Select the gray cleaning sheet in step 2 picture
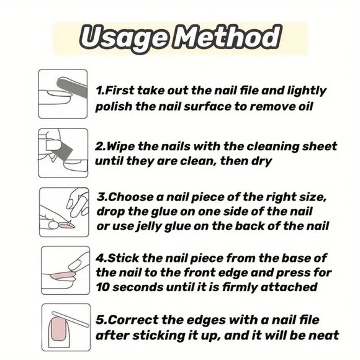[x=63, y=151]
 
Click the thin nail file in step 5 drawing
[x=70, y=318]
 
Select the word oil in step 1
[x=306, y=107]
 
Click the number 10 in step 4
[x=102, y=287]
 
